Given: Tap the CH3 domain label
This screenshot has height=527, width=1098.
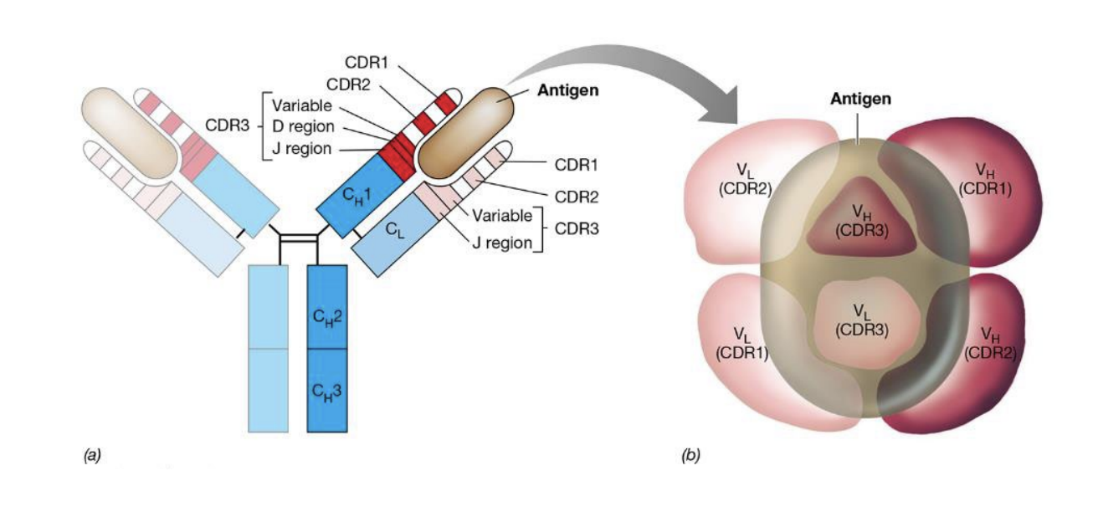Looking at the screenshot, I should click(326, 391).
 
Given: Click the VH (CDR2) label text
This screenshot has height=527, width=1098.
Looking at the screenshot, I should click(990, 344).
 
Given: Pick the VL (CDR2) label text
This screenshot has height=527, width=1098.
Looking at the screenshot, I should click(743, 181).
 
